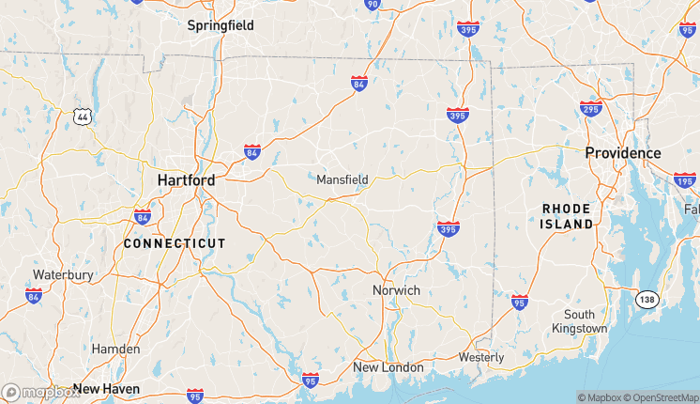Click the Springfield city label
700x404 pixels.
(221, 25)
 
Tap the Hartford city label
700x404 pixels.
(186, 179)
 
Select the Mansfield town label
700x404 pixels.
(342, 179)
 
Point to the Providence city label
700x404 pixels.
(623, 152)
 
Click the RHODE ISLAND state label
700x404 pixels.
(567, 216)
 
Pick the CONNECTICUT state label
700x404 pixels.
(175, 243)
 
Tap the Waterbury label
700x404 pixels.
(63, 274)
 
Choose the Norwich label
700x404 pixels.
(396, 290)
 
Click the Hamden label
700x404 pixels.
(115, 349)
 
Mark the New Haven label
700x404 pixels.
(106, 388)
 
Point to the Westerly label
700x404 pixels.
(481, 357)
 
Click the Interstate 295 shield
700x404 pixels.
(590, 108)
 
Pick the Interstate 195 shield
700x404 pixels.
(685, 179)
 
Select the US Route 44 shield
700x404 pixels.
(83, 116)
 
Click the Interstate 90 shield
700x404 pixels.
(373, 4)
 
